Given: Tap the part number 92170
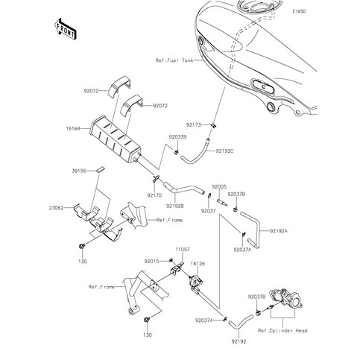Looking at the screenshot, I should tap(154, 195).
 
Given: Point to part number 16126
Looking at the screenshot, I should tap(200, 263).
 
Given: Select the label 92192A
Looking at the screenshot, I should tap(279, 232).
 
